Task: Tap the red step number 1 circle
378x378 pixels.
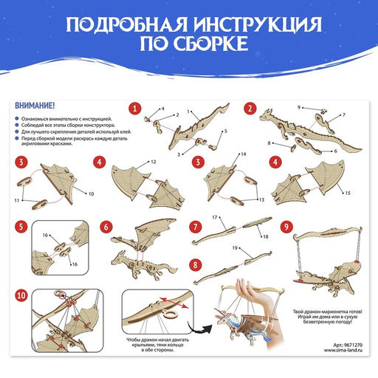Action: (x=135, y=108)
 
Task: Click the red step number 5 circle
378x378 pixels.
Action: (x=21, y=227)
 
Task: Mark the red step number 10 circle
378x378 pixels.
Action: (x=21, y=295)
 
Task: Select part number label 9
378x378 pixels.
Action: (x=299, y=108)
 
